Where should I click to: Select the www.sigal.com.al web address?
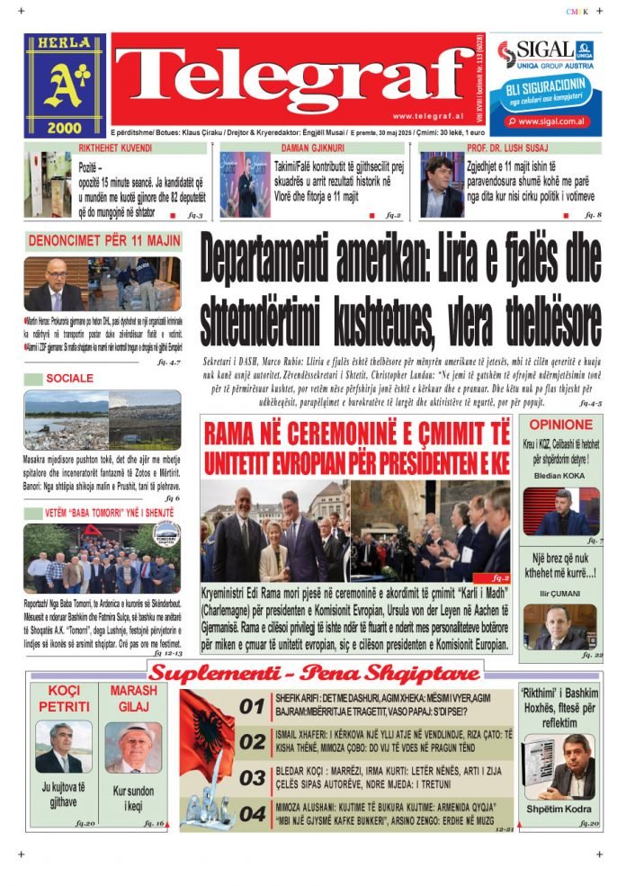click(553, 121)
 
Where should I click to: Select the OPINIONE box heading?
click(560, 425)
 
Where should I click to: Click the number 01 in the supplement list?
click(253, 707)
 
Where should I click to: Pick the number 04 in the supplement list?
click(253, 814)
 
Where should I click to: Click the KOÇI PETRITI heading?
click(63, 698)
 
